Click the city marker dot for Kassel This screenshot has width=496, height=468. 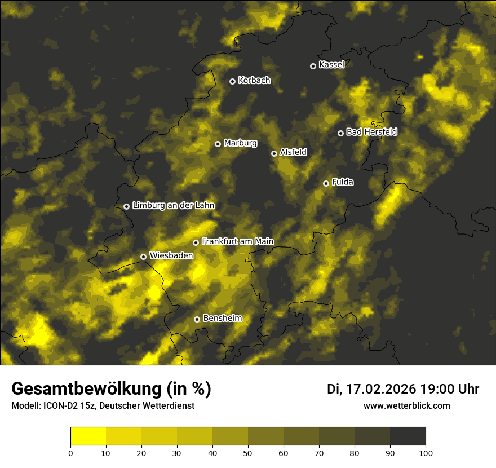pos(313,66)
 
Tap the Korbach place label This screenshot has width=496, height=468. pos(254,81)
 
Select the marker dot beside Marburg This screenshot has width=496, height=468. pos(218,144)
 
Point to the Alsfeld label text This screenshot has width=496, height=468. pos(293,152)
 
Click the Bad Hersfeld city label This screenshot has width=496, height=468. pos(371,132)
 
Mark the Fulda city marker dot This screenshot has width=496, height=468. pos(326,183)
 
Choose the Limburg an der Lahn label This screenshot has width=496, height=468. pos(173,206)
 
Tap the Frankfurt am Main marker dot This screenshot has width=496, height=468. pos(196,242)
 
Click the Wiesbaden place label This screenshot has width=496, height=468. pos(171,255)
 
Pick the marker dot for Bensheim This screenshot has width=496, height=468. pos(197,319)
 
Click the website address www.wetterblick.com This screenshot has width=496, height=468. pos(406,405)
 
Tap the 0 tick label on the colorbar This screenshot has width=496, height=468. pos(70,453)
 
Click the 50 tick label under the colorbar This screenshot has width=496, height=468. pos(248,453)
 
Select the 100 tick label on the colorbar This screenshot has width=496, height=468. pos(426,453)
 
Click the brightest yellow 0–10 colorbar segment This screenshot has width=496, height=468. pos(88,436)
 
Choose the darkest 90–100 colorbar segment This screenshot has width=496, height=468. pos(408,436)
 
